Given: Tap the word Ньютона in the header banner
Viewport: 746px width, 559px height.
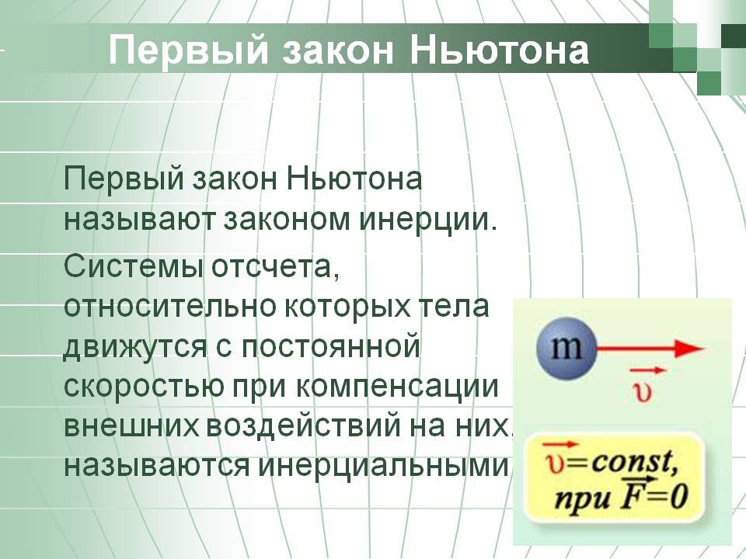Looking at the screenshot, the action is point(499,50).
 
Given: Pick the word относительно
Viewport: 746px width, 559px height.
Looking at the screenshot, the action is point(170,307).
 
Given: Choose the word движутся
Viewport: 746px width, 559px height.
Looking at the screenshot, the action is point(135,348).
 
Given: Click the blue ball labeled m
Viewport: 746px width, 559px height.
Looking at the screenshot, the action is point(566,348).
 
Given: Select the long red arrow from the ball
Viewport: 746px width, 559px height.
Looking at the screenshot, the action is point(650,349).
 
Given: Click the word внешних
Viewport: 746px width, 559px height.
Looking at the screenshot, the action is point(131,426).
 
